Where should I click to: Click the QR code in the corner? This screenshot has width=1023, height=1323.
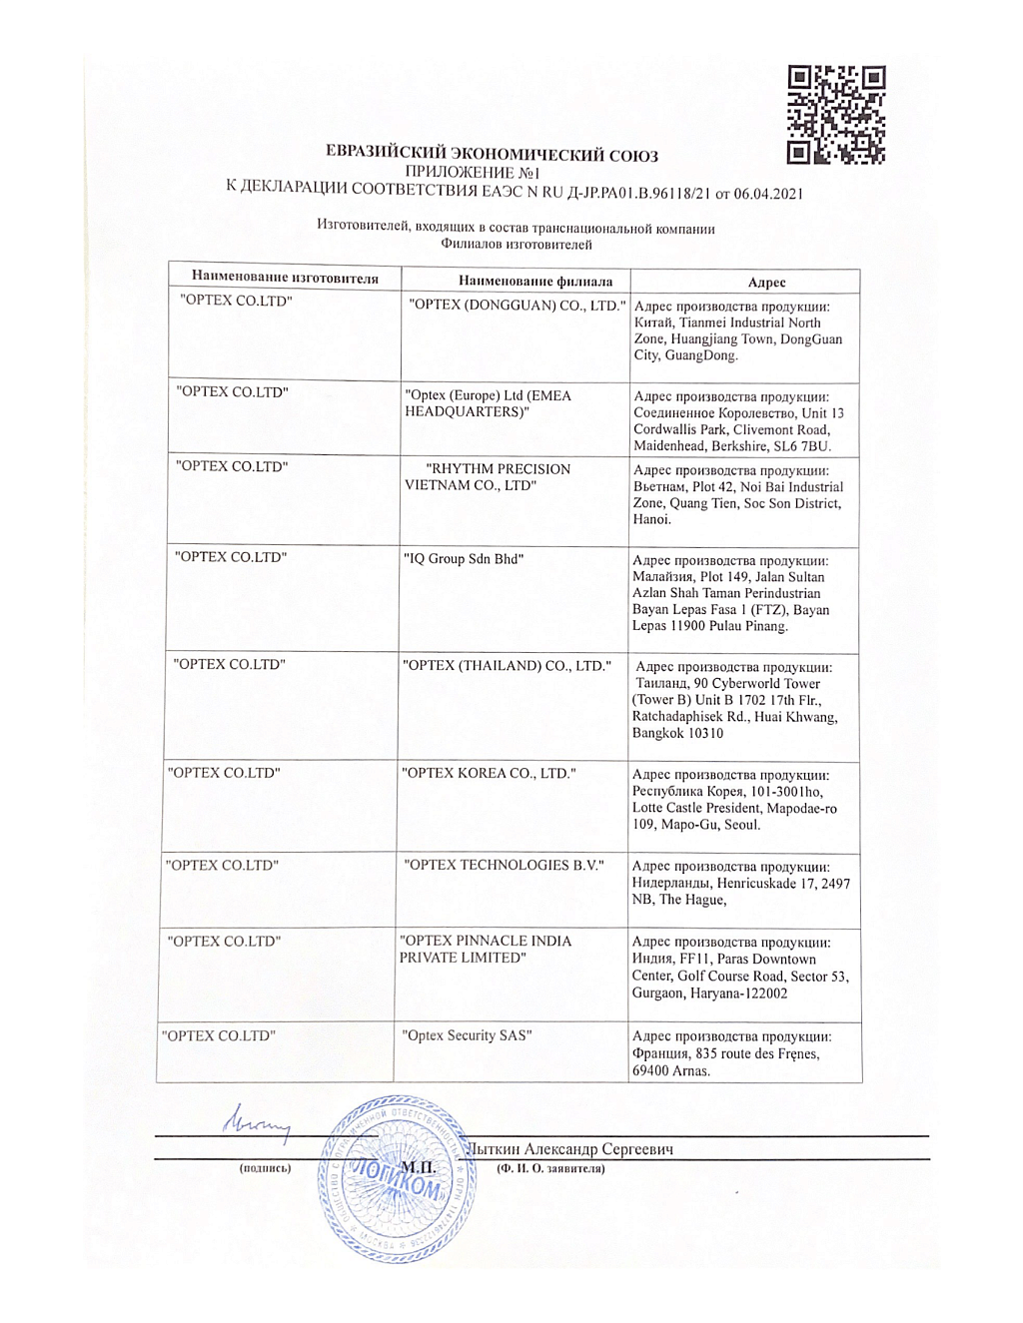tap(835, 115)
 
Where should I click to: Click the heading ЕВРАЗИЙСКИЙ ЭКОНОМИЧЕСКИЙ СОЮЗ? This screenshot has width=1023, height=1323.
tap(492, 154)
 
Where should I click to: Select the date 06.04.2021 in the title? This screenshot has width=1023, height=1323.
tap(768, 194)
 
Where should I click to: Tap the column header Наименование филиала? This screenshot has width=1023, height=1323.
tap(535, 282)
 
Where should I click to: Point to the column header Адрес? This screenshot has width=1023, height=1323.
tap(766, 283)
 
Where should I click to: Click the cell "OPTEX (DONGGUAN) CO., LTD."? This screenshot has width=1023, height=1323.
tap(517, 306)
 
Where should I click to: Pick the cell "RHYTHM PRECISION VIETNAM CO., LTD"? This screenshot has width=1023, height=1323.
tap(489, 477)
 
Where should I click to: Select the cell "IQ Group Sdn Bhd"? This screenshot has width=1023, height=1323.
tap(464, 559)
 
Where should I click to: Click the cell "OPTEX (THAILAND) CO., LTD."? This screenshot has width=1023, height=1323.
tap(507, 666)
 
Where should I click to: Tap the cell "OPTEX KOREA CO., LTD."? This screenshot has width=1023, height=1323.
tap(489, 773)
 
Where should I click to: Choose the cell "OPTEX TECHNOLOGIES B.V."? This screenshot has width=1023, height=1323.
tap(504, 865)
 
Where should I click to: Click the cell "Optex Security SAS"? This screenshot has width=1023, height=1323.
tap(467, 1035)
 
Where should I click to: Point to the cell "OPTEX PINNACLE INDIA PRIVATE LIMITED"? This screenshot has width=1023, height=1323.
tap(486, 949)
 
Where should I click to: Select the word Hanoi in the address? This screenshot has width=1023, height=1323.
tap(651, 519)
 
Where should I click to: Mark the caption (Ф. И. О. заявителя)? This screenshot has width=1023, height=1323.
tap(550, 1168)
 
